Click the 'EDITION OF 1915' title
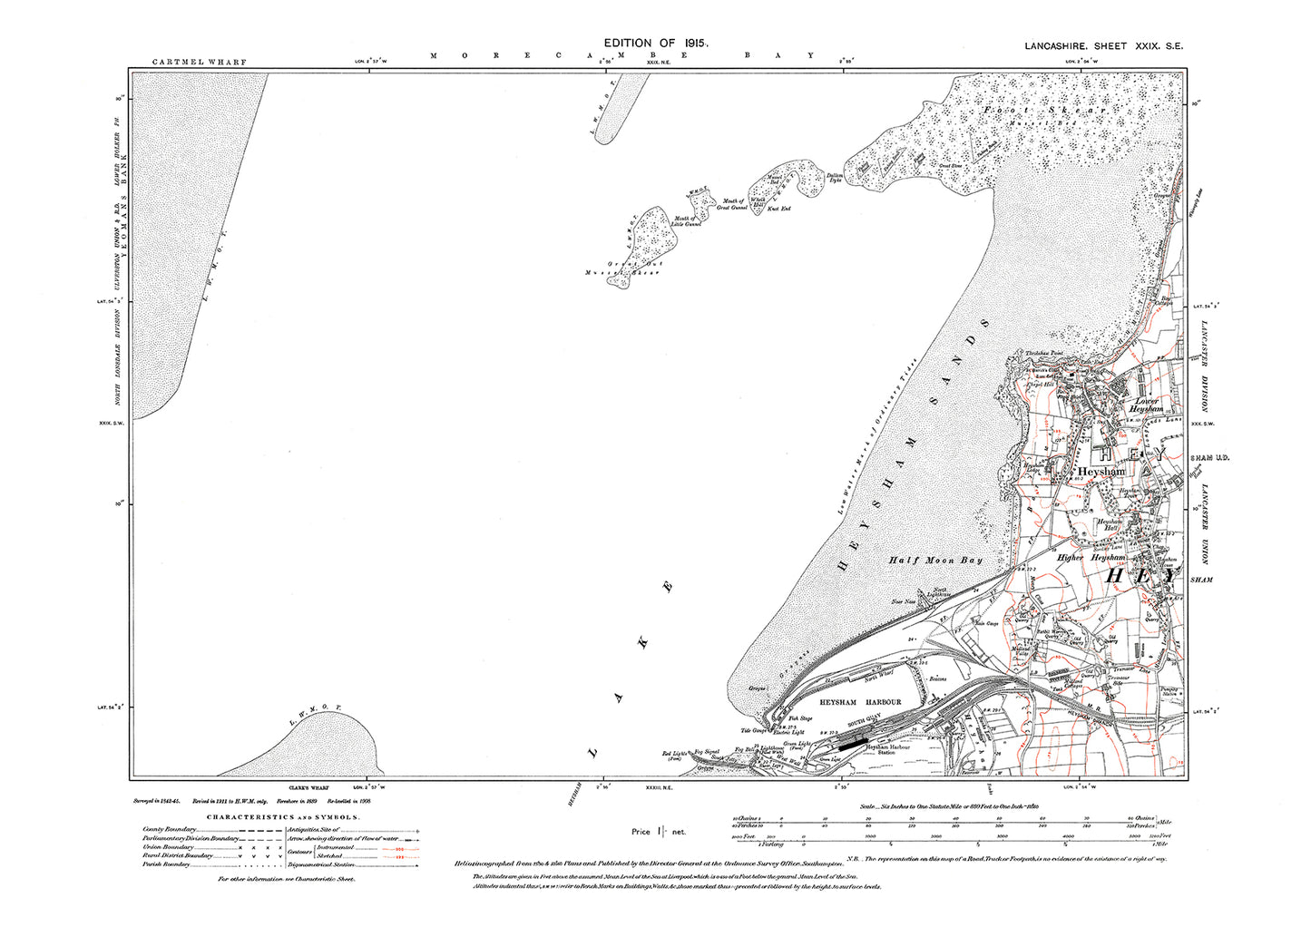[x=655, y=43]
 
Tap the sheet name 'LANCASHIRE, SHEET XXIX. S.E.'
[x=1103, y=46]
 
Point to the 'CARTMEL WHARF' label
[x=199, y=63]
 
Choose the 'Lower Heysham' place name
[x=1146, y=405]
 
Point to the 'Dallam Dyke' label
[x=834, y=178]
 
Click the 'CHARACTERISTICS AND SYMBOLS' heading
[x=283, y=817]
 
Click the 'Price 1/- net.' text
[x=659, y=831]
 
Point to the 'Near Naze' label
[x=904, y=601]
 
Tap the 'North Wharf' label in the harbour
[x=873, y=678]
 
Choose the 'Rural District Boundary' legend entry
[x=178, y=855]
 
